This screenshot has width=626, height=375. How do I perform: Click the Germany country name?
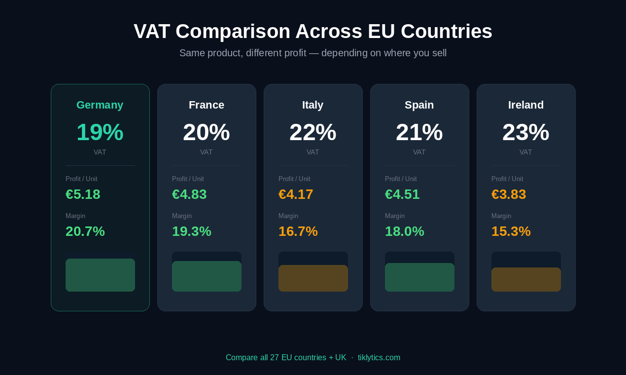[100, 105]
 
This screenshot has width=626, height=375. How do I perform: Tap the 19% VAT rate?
[100, 132]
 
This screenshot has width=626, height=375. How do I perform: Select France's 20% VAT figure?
[206, 132]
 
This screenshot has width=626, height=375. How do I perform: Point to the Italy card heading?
[313, 105]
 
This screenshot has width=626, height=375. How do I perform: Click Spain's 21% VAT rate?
[419, 132]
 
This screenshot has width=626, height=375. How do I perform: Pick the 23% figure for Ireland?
[525, 132]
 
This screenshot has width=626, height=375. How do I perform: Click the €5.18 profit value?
[83, 194]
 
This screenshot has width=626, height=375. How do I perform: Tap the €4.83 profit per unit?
[189, 194]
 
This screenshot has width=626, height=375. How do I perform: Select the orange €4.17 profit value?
[296, 194]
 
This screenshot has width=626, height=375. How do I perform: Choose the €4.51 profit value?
[402, 194]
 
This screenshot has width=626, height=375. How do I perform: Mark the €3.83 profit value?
[509, 194]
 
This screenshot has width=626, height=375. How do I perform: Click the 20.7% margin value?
[85, 231]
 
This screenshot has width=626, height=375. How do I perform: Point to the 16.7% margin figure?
[298, 231]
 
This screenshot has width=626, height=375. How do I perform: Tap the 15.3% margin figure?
[511, 231]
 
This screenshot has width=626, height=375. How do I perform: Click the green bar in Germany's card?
[100, 275]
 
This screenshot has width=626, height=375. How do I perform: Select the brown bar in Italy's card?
[313, 278]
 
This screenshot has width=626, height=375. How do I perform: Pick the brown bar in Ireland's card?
[526, 279]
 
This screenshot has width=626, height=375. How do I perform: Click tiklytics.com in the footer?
[379, 358]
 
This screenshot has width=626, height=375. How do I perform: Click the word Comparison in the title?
[233, 32]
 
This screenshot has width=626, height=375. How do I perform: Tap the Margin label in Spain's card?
[395, 216]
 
